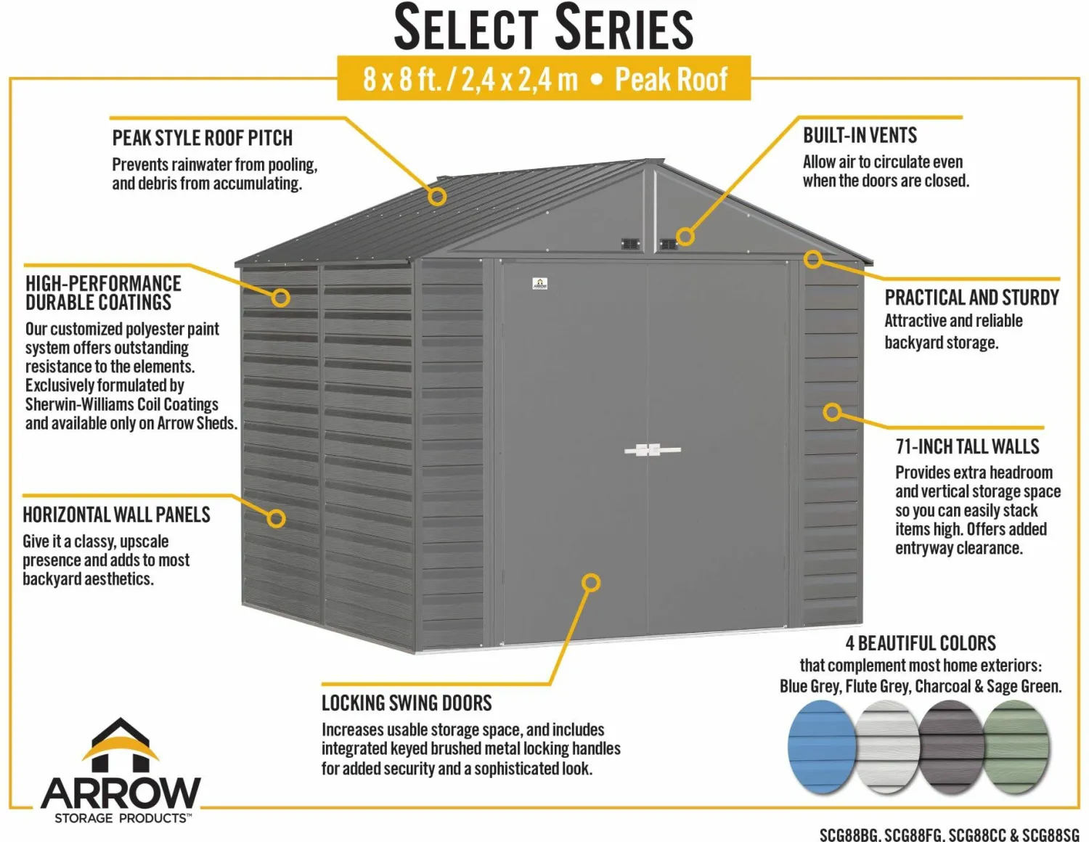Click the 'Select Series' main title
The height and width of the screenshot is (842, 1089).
(543, 28)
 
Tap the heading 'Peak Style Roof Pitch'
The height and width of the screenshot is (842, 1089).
(202, 138)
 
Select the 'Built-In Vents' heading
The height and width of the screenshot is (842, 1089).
(860, 136)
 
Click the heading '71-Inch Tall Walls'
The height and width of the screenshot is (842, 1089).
(967, 446)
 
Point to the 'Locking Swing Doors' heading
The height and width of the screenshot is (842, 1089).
(407, 703)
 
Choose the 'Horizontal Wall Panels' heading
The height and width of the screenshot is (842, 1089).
(116, 515)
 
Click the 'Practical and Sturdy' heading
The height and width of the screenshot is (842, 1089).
(971, 298)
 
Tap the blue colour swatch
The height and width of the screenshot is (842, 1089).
(821, 747)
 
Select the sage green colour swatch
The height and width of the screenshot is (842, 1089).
(1016, 747)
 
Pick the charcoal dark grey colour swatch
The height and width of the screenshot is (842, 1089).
(950, 747)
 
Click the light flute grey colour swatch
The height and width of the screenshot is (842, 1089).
(886, 747)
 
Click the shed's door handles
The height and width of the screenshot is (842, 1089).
(652, 450)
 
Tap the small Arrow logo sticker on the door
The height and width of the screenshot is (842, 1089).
(540, 284)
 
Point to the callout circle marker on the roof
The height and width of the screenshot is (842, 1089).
(437, 196)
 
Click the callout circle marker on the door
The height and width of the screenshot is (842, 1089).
(591, 583)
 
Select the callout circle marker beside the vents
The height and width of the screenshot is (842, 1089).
(685, 236)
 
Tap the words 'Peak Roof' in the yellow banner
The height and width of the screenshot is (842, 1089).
(671, 79)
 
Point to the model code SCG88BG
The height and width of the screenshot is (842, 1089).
(849, 835)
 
